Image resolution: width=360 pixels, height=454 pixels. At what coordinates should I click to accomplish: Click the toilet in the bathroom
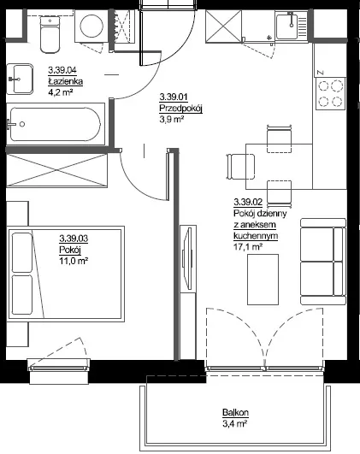pos(50,34)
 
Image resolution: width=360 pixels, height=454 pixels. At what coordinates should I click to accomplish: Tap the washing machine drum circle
pos(91,26)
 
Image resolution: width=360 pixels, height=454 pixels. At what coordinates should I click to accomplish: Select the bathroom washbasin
pos(20,79)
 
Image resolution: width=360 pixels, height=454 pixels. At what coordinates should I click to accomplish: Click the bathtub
pos(56,124)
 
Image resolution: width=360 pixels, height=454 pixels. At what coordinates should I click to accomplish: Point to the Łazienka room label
pos(66,81)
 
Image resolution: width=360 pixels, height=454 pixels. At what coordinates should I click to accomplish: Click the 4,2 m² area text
pos(60,92)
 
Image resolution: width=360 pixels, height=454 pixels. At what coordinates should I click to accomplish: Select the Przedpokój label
pos(180,109)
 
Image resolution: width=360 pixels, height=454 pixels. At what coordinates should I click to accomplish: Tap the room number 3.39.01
pos(174,97)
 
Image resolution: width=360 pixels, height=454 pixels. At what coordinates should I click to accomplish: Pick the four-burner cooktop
pos(330,93)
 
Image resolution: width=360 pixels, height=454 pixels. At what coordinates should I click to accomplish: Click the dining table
pos(280,166)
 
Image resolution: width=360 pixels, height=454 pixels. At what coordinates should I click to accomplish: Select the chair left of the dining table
pos(240,167)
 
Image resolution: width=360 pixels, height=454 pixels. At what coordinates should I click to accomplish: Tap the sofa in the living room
pos(323,262)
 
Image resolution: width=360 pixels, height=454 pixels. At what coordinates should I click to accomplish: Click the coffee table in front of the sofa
pos(263,280)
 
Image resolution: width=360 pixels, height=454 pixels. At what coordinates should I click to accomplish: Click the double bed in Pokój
pos(67,274)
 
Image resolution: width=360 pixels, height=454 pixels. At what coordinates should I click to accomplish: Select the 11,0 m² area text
pos(74,261)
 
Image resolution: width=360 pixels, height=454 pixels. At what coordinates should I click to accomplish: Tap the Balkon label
pos(235,412)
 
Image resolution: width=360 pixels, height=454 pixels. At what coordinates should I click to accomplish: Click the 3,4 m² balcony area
pos(234,424)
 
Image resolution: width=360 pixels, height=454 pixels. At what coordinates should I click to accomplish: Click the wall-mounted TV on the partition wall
pos(187,258)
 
